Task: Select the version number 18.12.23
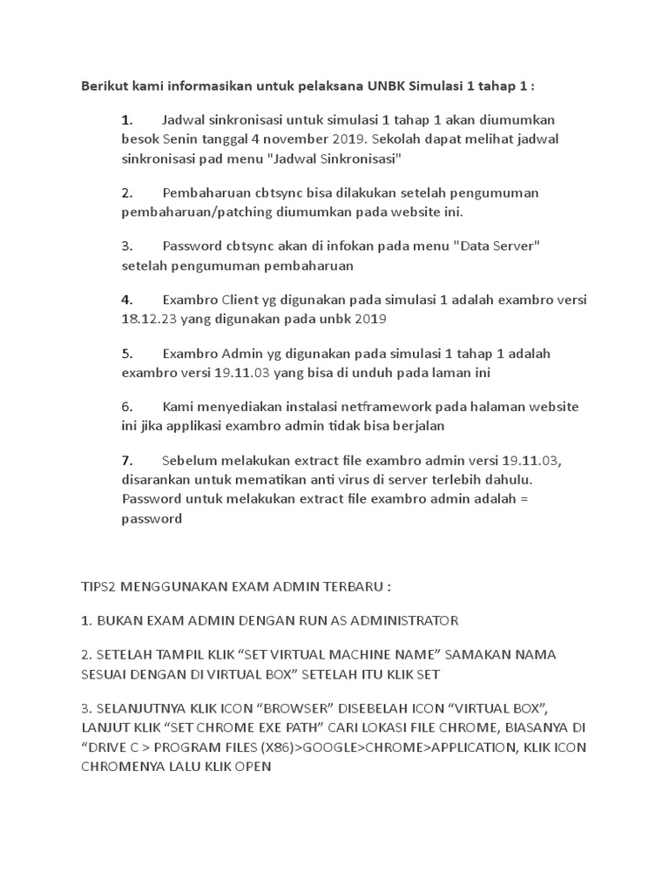[150, 320]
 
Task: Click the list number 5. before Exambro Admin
[127, 354]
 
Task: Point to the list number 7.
[127, 460]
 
